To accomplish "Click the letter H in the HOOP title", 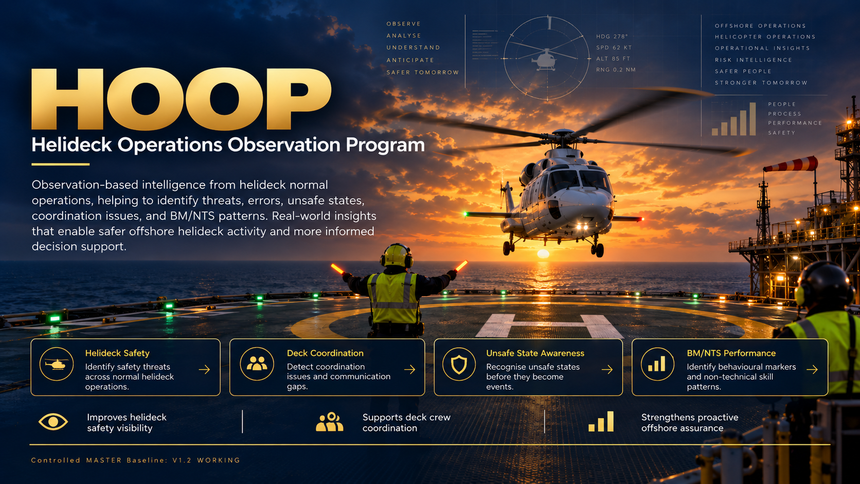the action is (x=67, y=99).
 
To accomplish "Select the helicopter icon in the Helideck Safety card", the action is (x=57, y=364).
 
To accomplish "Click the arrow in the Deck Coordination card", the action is (x=409, y=369).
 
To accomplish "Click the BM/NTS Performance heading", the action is (x=731, y=353).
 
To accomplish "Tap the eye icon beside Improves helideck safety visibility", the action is (x=53, y=422).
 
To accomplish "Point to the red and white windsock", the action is (x=791, y=165).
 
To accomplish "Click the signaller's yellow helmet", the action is (x=397, y=255).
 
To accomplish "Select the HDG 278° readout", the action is (x=612, y=37).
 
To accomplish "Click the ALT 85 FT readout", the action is (x=613, y=59).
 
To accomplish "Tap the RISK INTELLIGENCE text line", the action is (x=753, y=60).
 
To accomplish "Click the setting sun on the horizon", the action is (x=543, y=254).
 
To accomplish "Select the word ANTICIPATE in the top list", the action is (x=410, y=60).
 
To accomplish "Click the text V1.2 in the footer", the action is (x=182, y=460).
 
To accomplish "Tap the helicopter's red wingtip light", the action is (x=642, y=219).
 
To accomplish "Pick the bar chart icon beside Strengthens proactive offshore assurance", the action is (x=601, y=421).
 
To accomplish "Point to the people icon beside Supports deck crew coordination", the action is (x=329, y=422).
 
